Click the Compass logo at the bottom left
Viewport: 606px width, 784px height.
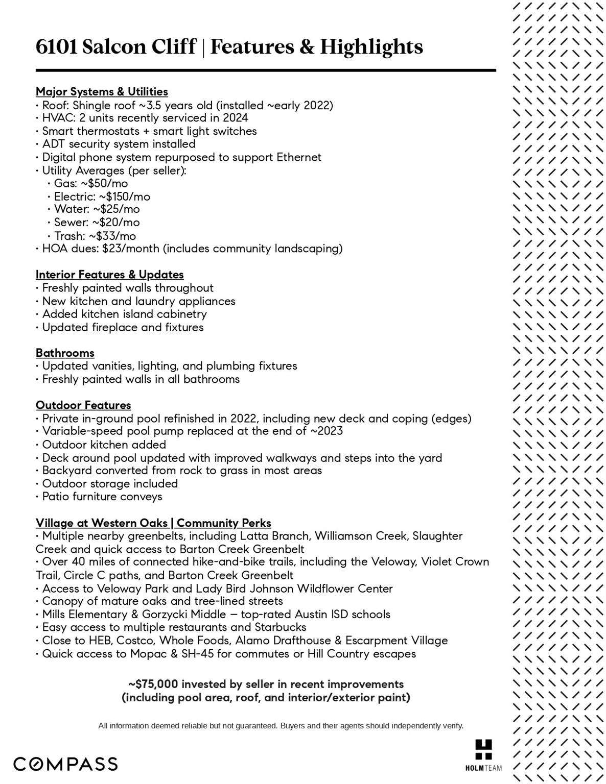pos(65,764)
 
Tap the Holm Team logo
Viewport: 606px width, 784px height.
pos(483,754)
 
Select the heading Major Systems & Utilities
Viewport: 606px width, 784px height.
pos(102,92)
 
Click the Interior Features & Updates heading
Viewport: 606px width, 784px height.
pos(109,275)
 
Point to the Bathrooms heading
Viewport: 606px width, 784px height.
pos(65,353)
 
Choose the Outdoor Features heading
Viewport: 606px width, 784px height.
pos(83,405)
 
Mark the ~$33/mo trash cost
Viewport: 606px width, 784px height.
pos(112,236)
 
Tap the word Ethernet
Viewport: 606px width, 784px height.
pos(299,157)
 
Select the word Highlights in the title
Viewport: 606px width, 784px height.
pos(371,47)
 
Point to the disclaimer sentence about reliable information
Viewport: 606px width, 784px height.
pos(281,725)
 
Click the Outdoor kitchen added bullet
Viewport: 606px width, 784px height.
pos(104,445)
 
